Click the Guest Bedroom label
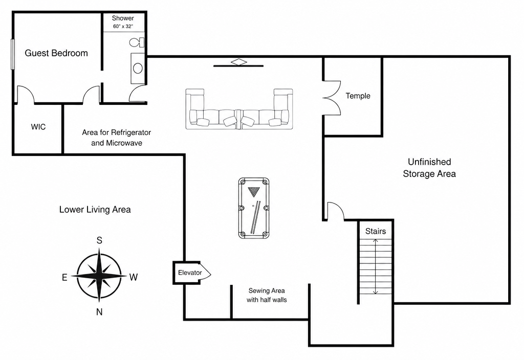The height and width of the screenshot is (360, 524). click(56, 53)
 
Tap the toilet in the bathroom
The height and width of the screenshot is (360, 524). click(137, 42)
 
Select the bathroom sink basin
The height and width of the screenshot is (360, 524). click(138, 69)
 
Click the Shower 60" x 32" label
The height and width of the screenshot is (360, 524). click(123, 22)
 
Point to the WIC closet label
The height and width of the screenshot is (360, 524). click(38, 127)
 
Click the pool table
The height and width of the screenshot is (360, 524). click(254, 208)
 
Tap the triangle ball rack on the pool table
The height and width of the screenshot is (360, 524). click(254, 192)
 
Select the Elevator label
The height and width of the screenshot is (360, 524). click(190, 273)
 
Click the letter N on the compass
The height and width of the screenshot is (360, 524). click(99, 312)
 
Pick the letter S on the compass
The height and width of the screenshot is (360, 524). click(99, 240)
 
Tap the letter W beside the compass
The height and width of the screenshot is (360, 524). click(134, 277)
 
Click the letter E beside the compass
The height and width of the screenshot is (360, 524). click(64, 277)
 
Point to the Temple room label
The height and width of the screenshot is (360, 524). click(358, 96)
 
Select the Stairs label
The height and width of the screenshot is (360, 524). click(376, 231)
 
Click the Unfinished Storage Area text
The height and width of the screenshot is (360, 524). click(429, 168)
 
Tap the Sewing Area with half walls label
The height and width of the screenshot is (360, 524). click(267, 295)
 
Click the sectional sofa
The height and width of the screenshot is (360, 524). click(239, 109)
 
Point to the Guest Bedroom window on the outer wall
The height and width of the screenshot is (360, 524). click(13, 54)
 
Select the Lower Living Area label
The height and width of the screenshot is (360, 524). click(95, 209)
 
